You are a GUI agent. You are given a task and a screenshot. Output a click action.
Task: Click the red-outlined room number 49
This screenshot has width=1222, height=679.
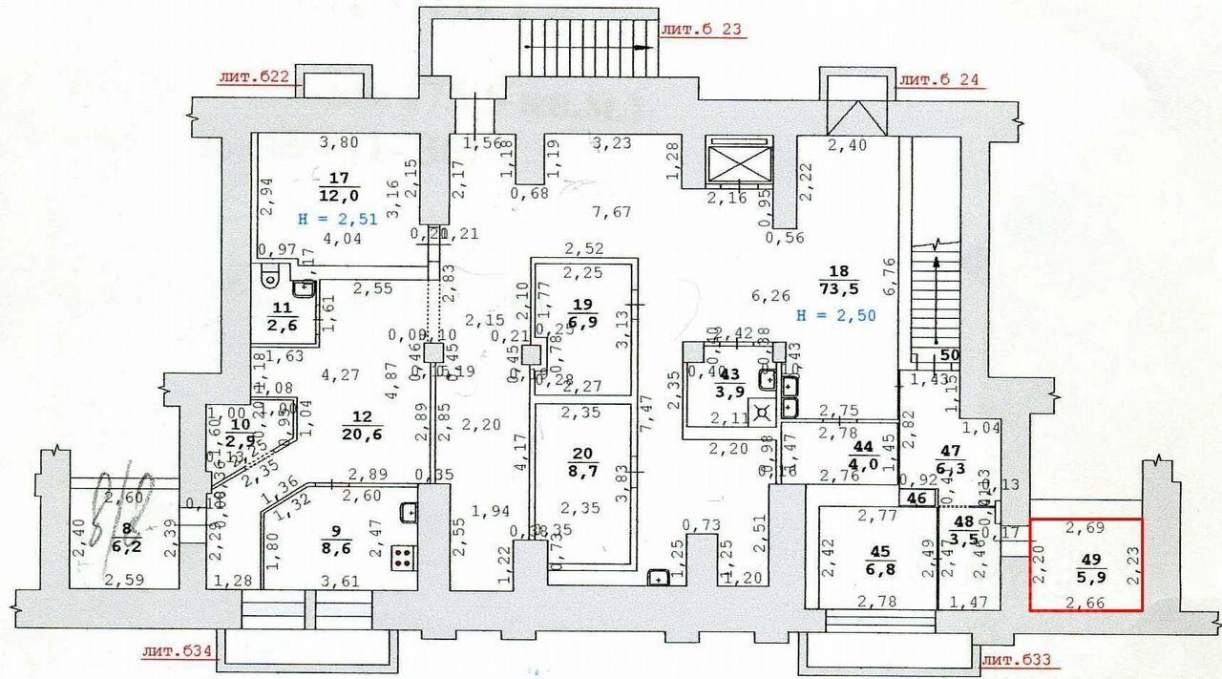point(1085,560)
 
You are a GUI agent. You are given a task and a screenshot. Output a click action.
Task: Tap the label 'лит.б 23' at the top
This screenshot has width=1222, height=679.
point(702,29)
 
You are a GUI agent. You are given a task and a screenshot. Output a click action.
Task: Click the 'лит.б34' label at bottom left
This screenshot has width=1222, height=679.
point(176,653)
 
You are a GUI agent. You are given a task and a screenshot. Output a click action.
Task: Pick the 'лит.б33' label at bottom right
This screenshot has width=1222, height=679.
point(1022,659)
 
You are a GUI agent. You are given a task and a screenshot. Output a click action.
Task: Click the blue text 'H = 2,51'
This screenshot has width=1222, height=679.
point(338,218)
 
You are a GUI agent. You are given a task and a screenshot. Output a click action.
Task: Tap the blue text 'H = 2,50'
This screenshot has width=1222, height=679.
point(836,314)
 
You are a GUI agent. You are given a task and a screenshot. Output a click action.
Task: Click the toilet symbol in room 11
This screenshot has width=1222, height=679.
point(268,279)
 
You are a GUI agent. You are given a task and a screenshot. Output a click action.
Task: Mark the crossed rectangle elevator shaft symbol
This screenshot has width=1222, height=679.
point(738,162)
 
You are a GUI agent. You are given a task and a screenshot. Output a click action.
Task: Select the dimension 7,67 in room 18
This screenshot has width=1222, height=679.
point(611,211)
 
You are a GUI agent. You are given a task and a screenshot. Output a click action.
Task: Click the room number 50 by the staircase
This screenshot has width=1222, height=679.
point(949,354)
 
